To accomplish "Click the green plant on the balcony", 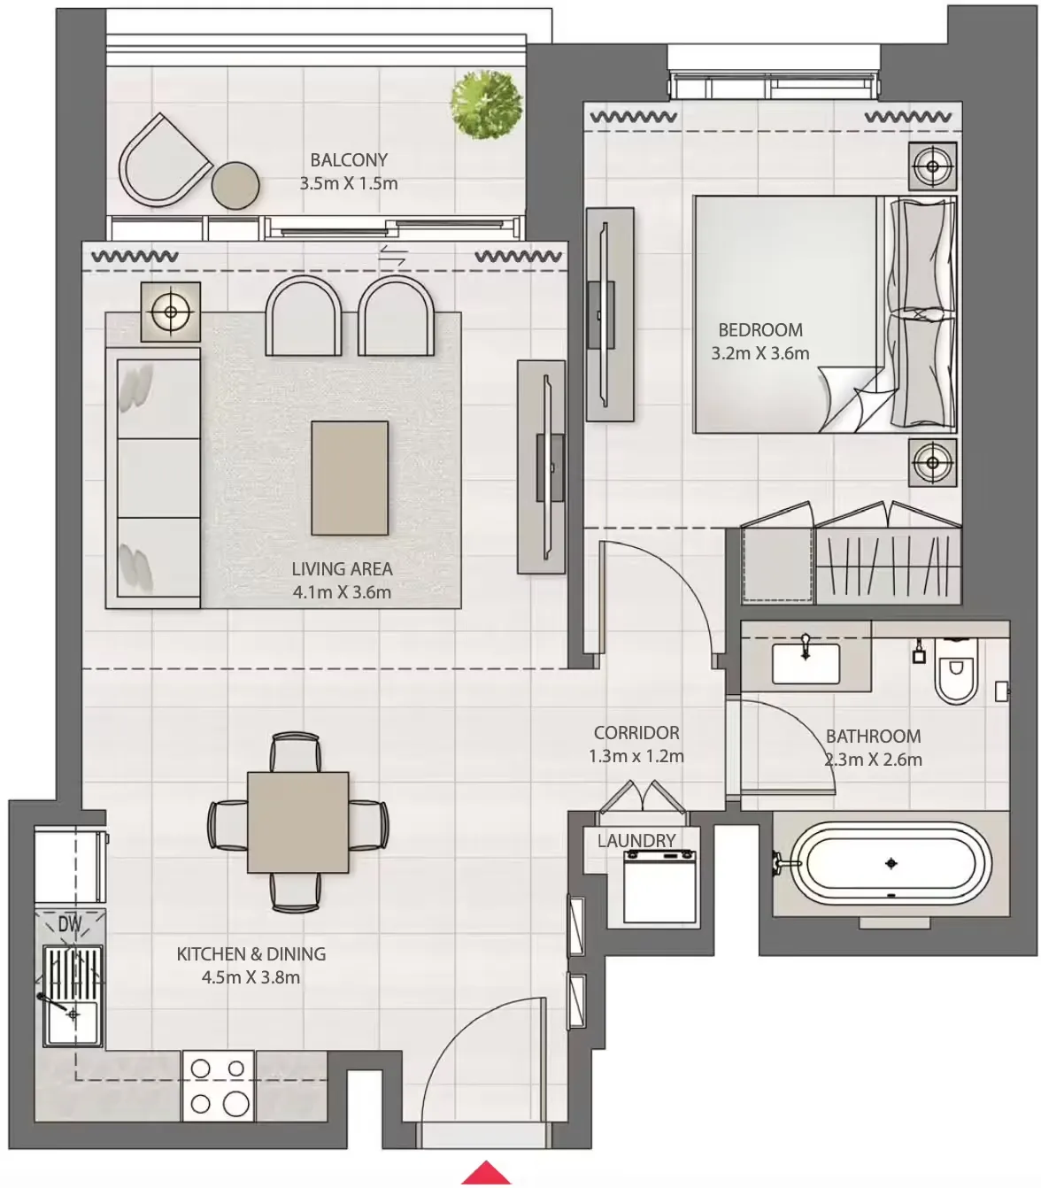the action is click(x=486, y=104).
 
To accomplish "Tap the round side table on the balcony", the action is click(x=235, y=185).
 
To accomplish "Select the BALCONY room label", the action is click(x=349, y=160).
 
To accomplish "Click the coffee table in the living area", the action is click(x=350, y=478).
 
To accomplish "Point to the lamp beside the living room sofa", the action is click(x=170, y=312).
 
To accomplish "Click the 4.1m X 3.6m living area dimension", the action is click(x=342, y=592).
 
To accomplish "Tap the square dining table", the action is click(x=298, y=822).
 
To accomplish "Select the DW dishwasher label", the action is click(x=70, y=925).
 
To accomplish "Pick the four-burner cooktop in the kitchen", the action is click(x=218, y=1086).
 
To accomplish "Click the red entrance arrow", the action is click(x=486, y=1172).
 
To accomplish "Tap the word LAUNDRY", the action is click(x=636, y=841).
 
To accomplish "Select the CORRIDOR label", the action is click(x=636, y=733).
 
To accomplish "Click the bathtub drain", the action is click(x=891, y=863).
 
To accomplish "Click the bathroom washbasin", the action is click(x=806, y=664).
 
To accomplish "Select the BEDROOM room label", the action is click(x=760, y=330).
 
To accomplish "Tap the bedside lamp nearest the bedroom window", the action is click(x=932, y=166).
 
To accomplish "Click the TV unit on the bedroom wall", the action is click(x=610, y=314).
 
